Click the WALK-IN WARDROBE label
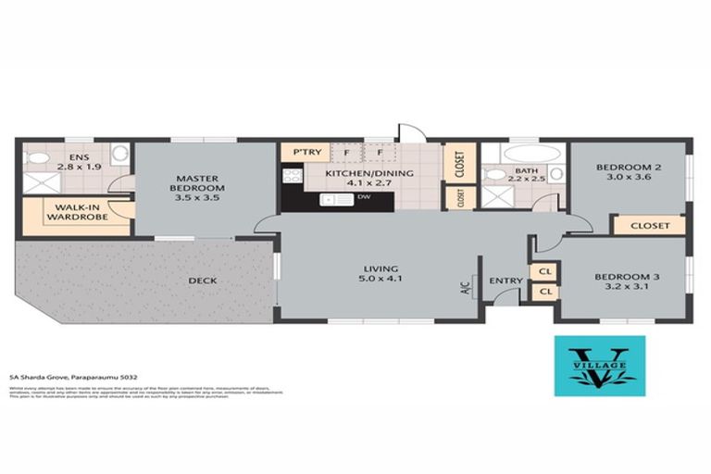tap(76, 212)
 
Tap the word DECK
tap(203, 280)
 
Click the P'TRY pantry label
tap(306, 151)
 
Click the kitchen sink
tap(332, 199)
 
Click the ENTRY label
tap(506, 281)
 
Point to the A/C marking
tap(466, 287)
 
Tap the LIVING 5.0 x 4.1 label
tap(380, 274)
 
